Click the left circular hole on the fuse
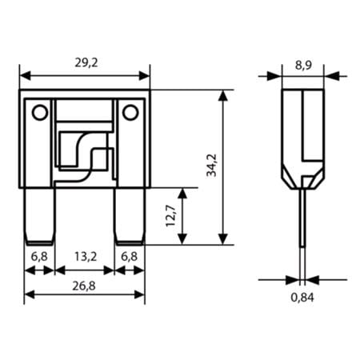38,113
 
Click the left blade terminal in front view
40,216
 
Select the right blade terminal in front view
130,216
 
